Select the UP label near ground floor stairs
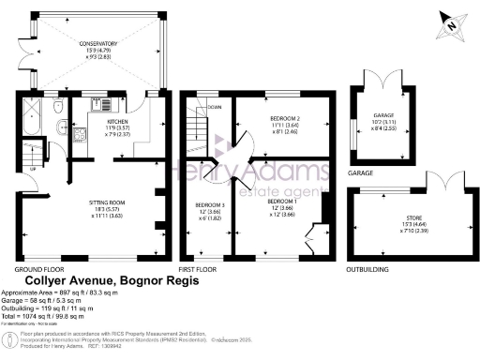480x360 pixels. (x=36, y=169)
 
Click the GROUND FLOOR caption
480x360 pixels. (x=35, y=268)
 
